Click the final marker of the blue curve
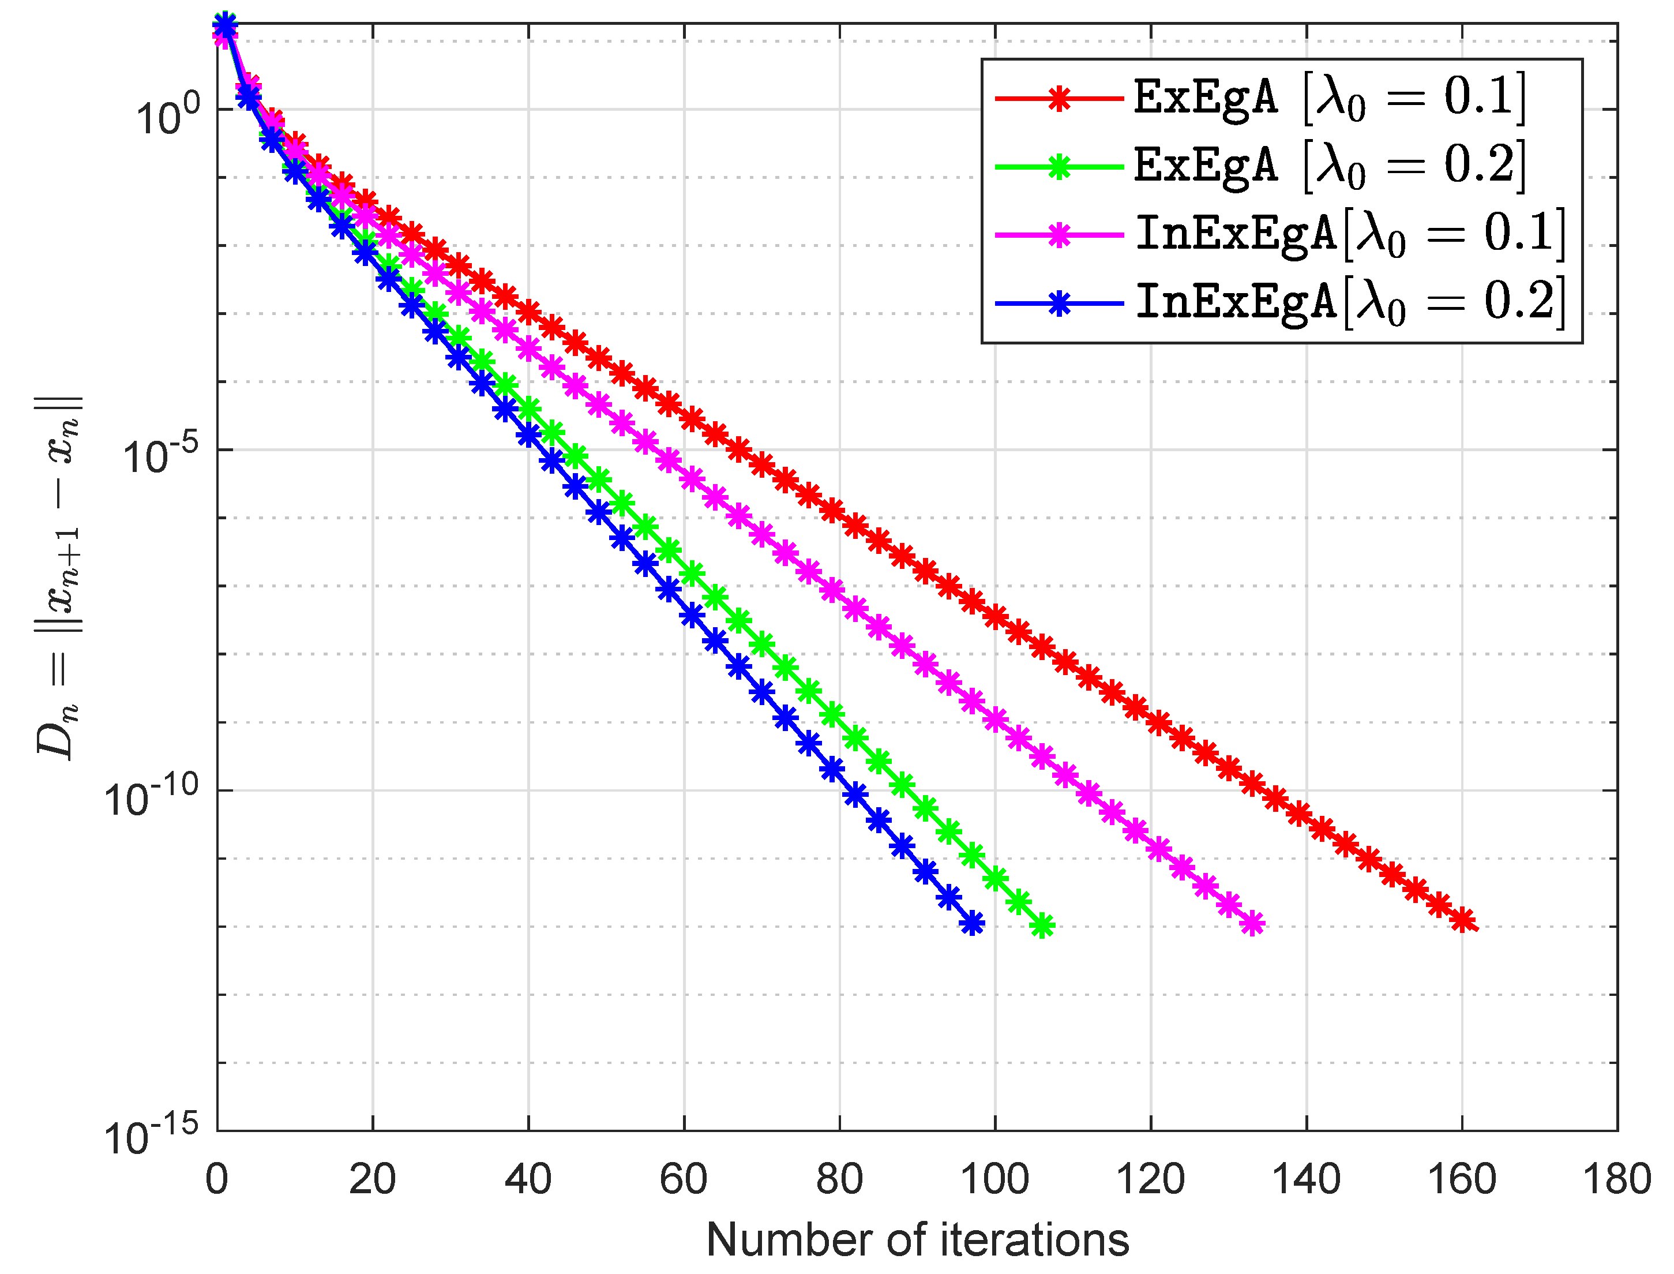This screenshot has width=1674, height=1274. pyautogui.click(x=972, y=923)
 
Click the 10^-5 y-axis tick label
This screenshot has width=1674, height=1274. pyautogui.click(x=160, y=456)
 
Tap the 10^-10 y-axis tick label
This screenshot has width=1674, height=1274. pyautogui.click(x=150, y=797)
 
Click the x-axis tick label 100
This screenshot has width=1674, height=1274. pyautogui.click(x=994, y=1180)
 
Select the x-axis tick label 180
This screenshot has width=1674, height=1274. pyautogui.click(x=1616, y=1180)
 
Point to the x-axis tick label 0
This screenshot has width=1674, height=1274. pyautogui.click(x=217, y=1180)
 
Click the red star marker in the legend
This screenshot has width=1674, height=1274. pyautogui.click(x=1059, y=99)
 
